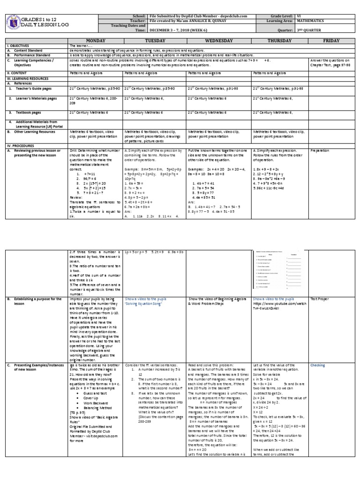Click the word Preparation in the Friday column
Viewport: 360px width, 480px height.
click(x=320, y=151)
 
